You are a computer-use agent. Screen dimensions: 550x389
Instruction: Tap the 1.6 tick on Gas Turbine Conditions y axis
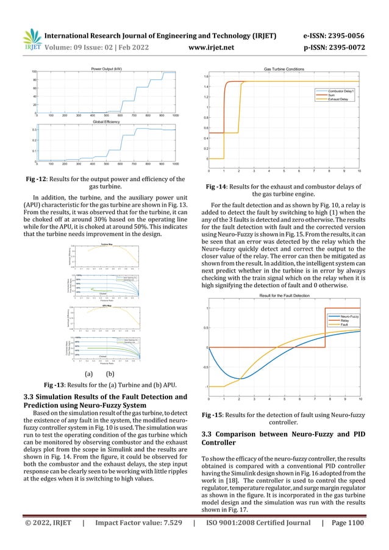(207, 77)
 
